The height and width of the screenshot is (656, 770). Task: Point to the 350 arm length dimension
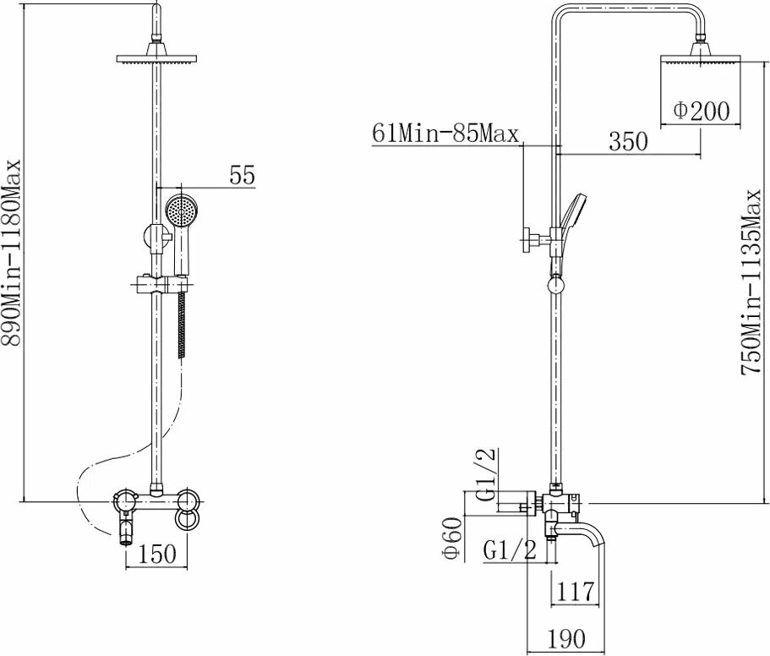coord(628,141)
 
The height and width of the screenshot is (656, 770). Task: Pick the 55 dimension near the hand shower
coord(241,175)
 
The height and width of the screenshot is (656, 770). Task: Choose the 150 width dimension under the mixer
coord(157,555)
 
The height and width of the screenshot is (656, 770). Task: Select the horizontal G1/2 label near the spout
coord(511,550)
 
